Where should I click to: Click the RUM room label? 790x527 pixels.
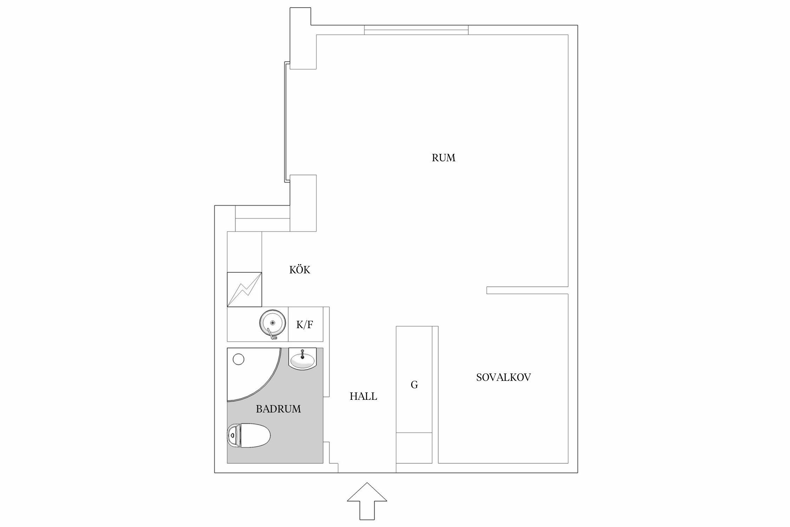[x=443, y=158]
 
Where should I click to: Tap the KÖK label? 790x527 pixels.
[x=299, y=270]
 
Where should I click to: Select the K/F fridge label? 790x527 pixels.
[x=304, y=325]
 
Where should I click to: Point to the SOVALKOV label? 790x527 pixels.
[x=503, y=377]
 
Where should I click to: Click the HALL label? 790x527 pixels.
[x=363, y=396]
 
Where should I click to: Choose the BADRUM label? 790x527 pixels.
[x=278, y=409]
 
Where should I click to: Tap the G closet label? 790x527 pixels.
[x=414, y=385]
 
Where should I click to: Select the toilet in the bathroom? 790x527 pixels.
[x=249, y=436]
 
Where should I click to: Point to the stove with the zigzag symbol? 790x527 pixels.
[x=244, y=289]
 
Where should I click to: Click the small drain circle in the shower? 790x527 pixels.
[x=239, y=359]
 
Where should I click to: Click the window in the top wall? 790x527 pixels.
[x=416, y=30]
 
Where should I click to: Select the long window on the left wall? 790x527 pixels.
[x=287, y=122]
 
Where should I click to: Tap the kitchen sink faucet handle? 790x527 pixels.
[x=271, y=334]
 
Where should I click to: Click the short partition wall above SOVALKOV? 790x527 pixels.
[x=527, y=290]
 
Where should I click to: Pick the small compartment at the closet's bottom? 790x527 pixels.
[x=414, y=448]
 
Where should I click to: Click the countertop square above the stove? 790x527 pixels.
[x=244, y=252]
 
